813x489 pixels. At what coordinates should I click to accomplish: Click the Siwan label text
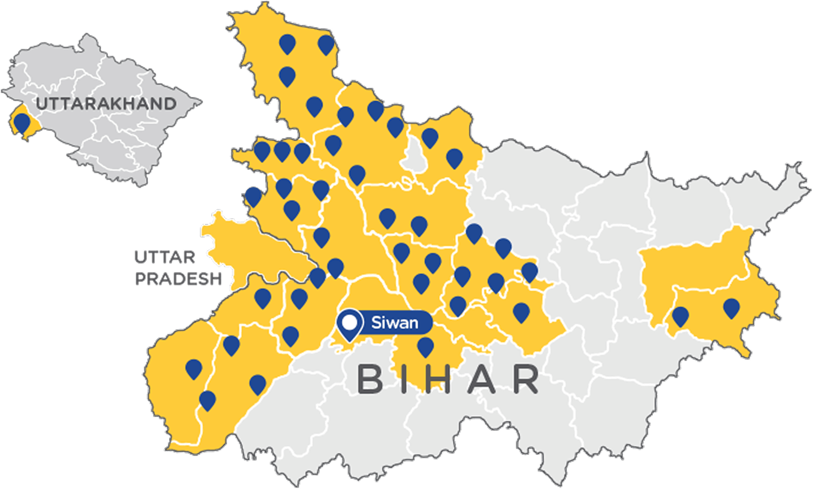(x=394, y=323)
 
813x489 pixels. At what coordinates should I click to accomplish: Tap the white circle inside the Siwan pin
(x=350, y=323)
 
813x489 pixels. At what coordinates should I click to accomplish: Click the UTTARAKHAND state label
(x=106, y=104)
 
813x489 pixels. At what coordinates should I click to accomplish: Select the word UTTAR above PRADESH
(x=165, y=257)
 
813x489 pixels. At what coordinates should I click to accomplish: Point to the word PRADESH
(x=179, y=278)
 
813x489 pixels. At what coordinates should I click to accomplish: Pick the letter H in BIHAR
(x=447, y=379)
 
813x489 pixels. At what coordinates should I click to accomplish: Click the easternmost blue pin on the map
(x=731, y=307)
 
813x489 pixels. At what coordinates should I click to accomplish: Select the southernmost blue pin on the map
(x=207, y=400)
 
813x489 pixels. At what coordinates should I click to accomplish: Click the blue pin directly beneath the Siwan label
(x=425, y=346)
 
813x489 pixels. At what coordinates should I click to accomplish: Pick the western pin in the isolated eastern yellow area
(x=680, y=316)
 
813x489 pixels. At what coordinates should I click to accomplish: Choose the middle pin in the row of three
(x=282, y=151)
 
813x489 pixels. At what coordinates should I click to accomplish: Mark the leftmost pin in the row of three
(x=262, y=151)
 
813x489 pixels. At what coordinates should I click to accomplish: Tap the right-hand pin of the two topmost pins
(x=326, y=44)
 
